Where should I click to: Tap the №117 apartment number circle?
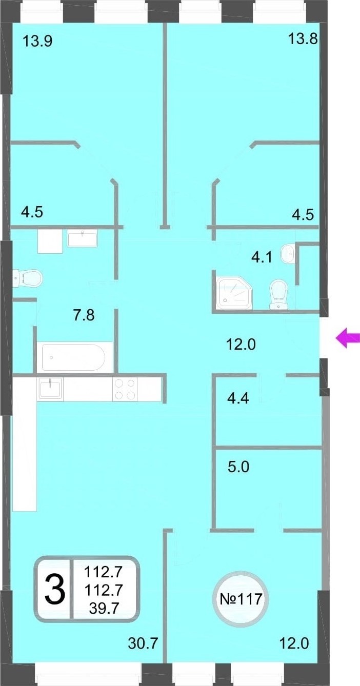(241, 599)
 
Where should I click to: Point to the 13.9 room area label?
(38, 41)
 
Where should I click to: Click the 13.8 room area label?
(303, 39)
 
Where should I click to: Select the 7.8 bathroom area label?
(84, 315)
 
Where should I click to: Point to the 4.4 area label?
(238, 398)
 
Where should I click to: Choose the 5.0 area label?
(238, 467)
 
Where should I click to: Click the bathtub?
(73, 357)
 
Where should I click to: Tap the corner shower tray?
(234, 293)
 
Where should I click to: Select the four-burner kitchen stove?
(125, 389)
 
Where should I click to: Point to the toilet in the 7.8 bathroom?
(28, 278)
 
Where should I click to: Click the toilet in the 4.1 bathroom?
(278, 294)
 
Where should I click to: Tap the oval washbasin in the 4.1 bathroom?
(287, 253)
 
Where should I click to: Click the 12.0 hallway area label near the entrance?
(241, 345)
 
